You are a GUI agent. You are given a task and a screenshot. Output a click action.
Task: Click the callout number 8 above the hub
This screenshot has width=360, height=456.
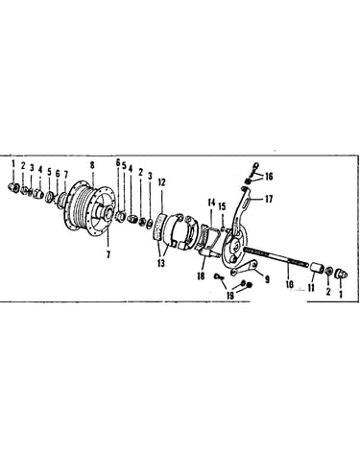(92, 165)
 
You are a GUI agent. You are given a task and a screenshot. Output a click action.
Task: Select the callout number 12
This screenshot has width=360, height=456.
(161, 182)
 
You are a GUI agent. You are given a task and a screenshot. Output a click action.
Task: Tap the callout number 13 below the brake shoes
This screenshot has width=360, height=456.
(161, 263)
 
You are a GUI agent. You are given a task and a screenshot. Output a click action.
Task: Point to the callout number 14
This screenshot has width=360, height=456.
(211, 203)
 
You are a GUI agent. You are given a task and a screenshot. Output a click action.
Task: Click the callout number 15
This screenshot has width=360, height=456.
(223, 206)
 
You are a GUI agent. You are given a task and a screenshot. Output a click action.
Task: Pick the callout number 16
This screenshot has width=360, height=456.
(269, 176)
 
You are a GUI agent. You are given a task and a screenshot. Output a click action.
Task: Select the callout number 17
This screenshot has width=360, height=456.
(269, 199)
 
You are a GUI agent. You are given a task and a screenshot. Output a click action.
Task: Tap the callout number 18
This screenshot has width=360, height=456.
(201, 276)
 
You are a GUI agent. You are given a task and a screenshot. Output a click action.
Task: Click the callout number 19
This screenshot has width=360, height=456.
(230, 296)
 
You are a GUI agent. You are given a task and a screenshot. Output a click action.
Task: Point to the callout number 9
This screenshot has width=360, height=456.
(267, 279)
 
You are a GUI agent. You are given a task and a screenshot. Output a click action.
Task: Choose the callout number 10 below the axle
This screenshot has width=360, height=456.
(289, 284)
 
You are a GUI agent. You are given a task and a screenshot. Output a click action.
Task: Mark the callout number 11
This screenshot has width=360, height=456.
(311, 288)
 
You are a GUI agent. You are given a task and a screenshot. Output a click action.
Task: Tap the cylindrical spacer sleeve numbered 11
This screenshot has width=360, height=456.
(316, 268)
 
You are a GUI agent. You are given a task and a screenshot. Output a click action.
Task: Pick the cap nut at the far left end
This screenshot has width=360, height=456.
(13, 186)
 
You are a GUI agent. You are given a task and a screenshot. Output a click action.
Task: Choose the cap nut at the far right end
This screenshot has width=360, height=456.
(341, 274)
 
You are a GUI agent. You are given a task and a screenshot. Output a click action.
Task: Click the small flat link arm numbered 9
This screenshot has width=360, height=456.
(244, 269)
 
